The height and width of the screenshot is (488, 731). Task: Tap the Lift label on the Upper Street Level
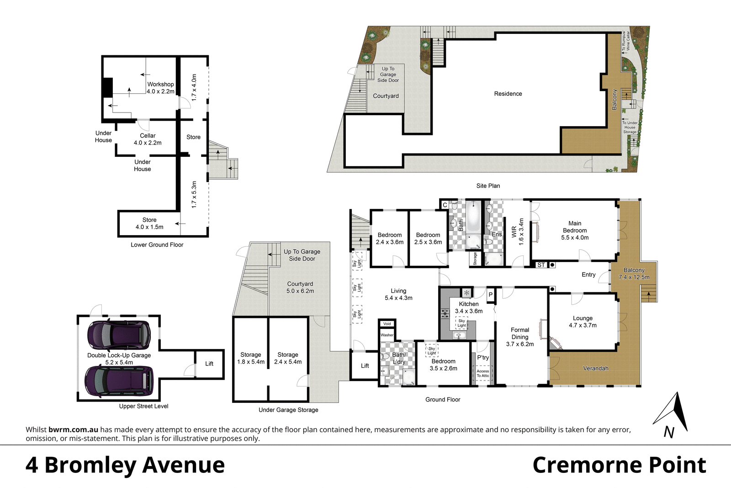[209, 364]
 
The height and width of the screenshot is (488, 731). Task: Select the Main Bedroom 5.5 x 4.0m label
[575, 231]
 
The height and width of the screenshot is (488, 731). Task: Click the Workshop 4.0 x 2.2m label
[160, 88]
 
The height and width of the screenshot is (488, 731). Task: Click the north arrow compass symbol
[671, 414]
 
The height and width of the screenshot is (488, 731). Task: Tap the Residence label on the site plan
[508, 94]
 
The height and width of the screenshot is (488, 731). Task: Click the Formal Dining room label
[520, 337]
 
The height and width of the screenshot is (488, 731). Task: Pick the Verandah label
[595, 368]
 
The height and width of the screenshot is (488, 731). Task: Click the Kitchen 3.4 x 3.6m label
[469, 307]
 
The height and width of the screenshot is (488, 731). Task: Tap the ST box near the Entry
[541, 265]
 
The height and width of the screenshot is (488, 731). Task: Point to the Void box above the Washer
[387, 324]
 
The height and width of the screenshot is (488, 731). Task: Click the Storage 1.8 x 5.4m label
[251, 358]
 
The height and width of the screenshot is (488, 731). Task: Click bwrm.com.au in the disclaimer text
[73, 429]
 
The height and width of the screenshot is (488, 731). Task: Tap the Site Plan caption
[488, 186]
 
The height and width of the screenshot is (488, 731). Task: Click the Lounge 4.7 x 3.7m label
[583, 322]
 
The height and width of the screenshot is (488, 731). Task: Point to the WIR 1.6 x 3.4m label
[518, 231]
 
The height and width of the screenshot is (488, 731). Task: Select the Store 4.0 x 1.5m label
[149, 223]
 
